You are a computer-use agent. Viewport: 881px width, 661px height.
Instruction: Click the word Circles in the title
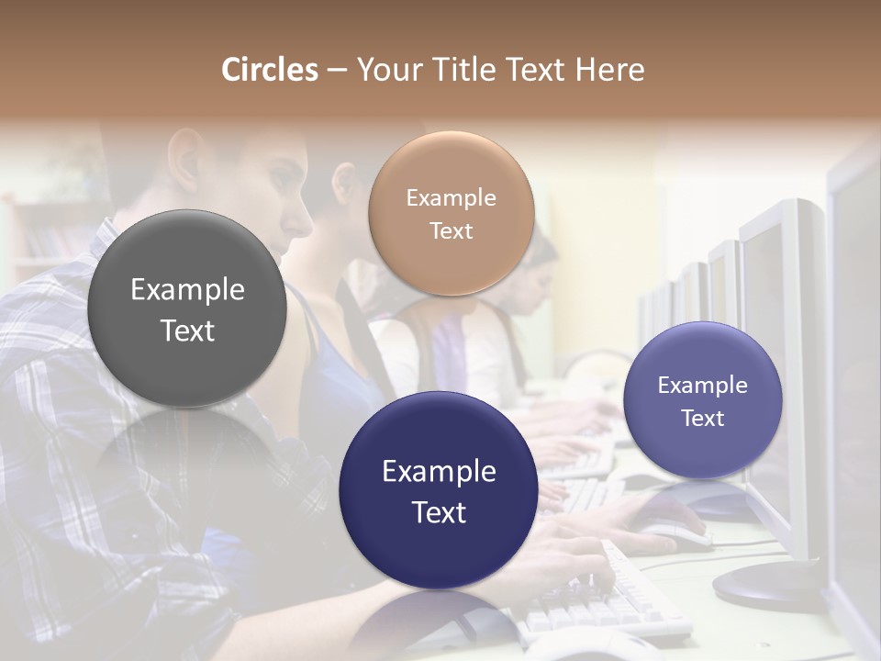coord(270,70)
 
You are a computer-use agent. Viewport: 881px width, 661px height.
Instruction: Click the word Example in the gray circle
coord(187,290)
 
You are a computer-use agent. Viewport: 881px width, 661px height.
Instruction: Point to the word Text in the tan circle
coord(451,231)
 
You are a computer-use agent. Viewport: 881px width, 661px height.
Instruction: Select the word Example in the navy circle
coord(439,472)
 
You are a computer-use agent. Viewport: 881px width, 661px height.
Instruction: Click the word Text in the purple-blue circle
coord(703,419)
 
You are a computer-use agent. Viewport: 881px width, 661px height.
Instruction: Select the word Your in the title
coord(385,71)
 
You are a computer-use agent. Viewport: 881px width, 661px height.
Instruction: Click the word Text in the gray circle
coord(187,331)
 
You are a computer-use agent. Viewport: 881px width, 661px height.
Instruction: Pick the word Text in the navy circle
coord(439,513)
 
